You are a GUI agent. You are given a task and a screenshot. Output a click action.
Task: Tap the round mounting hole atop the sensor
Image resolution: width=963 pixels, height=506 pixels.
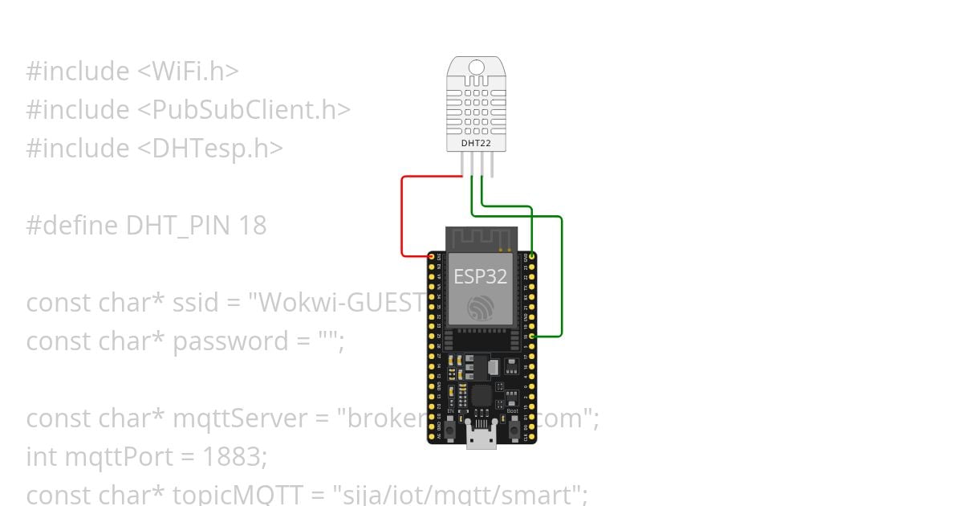coord(477,67)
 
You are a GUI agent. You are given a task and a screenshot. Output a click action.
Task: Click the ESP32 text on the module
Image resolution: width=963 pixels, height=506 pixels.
coord(481,276)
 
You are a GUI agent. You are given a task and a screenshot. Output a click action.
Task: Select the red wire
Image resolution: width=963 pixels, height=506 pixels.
coord(402,217)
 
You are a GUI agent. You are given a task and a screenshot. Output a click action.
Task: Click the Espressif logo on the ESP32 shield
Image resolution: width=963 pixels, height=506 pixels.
coord(481,308)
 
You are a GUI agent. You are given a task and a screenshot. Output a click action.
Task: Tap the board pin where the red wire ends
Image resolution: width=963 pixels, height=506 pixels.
coord(432,256)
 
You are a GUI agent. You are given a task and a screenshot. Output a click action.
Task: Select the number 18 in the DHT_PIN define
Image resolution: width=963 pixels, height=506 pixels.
coord(252,226)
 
